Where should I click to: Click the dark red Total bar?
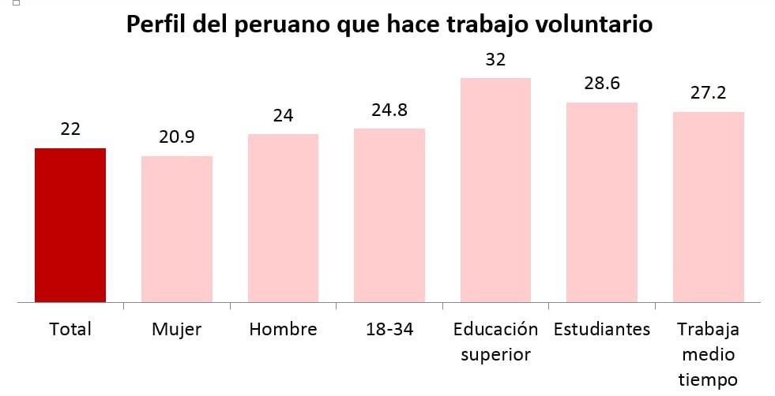70,225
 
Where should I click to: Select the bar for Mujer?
177,229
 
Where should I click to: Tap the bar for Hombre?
283,218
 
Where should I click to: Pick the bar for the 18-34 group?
389,215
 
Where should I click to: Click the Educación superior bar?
495,189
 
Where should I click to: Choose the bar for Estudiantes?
602,202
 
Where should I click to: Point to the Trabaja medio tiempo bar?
709,207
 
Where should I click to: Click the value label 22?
70,129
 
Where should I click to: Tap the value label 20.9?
177,137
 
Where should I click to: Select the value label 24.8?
389,110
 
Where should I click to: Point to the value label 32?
495,59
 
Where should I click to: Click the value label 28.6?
602,84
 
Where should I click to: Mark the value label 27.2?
709,93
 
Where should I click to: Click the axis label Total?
70,329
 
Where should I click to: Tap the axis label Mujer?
177,329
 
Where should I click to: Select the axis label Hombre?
283,329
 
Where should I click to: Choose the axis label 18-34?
389,329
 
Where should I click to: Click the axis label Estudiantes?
602,329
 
